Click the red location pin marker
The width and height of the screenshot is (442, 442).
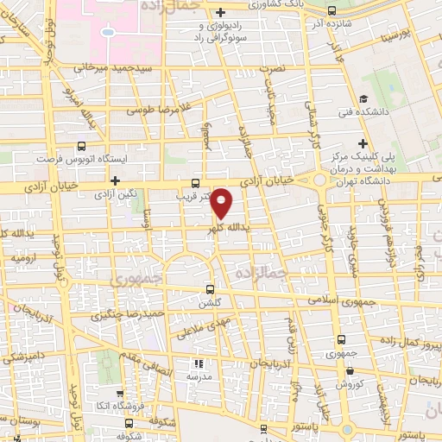coord(222,203)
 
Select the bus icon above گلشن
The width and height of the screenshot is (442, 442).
coord(210,290)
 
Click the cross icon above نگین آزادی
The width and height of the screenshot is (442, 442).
coord(115,180)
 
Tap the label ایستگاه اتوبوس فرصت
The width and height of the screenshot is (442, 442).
coord(79,160)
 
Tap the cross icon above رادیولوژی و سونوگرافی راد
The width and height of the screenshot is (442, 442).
coord(223,12)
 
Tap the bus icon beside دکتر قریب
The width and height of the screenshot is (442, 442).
coord(196,183)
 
